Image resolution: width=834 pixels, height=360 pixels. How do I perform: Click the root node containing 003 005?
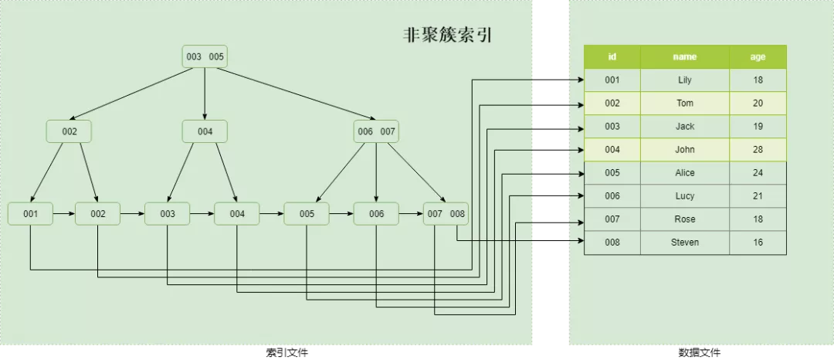(205, 56)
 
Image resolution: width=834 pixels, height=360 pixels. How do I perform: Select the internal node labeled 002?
(69, 131)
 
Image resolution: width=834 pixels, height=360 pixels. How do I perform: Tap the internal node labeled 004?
(205, 131)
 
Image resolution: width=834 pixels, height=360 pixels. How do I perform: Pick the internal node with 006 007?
(376, 131)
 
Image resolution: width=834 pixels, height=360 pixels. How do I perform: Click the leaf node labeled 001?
(30, 213)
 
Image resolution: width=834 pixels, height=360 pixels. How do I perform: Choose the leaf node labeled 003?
(168, 213)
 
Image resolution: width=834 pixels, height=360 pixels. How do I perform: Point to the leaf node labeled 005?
(307, 213)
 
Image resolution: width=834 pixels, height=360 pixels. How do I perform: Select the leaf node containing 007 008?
(446, 213)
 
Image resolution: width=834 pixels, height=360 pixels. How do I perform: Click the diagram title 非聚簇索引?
(448, 36)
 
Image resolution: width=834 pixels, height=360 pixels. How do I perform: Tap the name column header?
(685, 56)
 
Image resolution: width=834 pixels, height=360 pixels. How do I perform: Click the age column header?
(758, 56)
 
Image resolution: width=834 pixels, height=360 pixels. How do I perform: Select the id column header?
(612, 56)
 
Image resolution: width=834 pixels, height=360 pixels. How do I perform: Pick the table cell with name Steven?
(685, 243)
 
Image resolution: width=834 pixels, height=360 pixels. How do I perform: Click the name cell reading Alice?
(685, 173)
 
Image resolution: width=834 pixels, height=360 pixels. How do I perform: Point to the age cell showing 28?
(758, 150)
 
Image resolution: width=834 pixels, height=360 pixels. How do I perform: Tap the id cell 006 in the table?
(612, 196)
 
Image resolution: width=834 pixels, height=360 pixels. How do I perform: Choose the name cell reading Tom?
(685, 104)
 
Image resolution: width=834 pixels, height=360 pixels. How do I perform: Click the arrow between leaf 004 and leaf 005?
(272, 213)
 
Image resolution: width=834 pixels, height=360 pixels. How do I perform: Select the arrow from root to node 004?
(205, 93)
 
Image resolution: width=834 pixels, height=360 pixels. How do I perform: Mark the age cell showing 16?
(758, 243)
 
